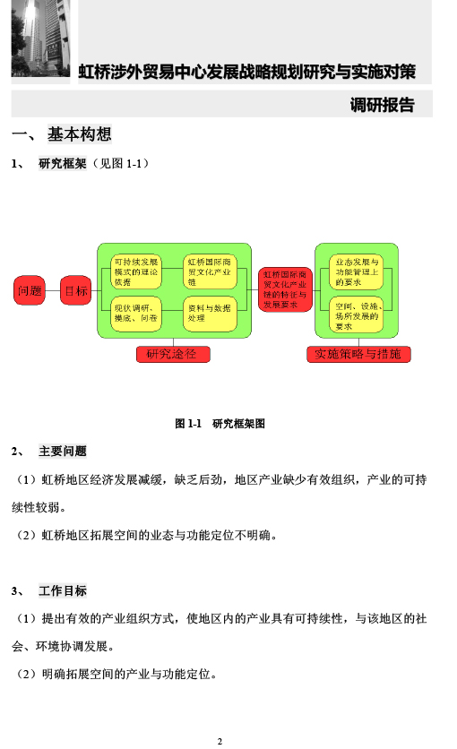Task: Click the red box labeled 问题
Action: click(30, 290)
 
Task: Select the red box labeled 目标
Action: click(75, 290)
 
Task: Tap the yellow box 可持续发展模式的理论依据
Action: click(136, 271)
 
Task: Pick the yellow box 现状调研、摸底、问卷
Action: click(136, 314)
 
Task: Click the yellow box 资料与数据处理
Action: click(210, 314)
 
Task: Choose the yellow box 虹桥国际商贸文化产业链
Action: click(210, 271)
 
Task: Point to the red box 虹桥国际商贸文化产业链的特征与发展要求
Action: click(285, 289)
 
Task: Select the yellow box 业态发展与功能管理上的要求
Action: click(357, 271)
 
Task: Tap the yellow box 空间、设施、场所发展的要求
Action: click(357, 314)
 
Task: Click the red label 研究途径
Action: click(173, 355)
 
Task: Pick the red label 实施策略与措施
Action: click(358, 355)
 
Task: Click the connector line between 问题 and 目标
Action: click(53, 290)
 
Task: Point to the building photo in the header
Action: click(40, 39)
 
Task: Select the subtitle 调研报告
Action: click(382, 105)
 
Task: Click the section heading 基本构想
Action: click(79, 134)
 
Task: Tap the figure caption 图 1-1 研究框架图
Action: click(220, 424)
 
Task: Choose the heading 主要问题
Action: click(63, 452)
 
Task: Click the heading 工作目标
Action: click(63, 591)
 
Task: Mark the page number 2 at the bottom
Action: click(220, 741)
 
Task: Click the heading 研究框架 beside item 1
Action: click(63, 164)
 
